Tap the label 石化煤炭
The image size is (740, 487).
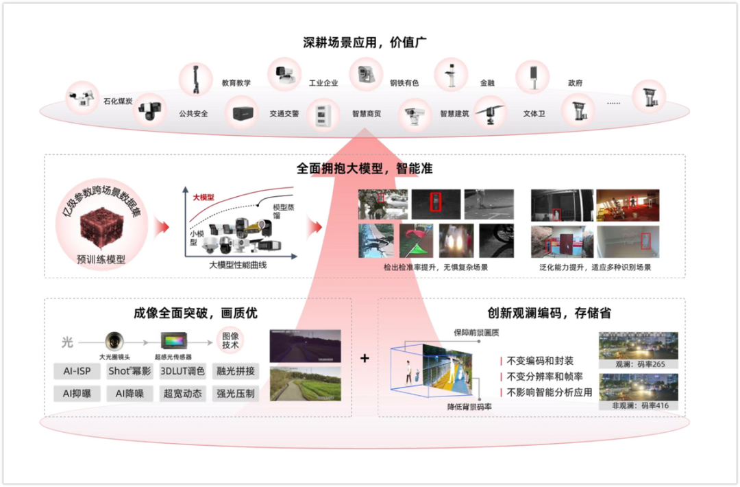(118, 102)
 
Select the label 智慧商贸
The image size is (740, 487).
(367, 114)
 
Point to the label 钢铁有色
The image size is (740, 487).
(404, 84)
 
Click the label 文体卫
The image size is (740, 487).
(534, 114)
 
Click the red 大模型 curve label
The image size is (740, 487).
(203, 198)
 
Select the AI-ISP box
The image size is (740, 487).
(77, 371)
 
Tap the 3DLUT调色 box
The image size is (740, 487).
(182, 371)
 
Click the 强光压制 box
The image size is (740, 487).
(235, 394)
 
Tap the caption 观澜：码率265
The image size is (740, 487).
(639, 364)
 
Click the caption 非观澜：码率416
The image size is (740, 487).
(639, 405)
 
